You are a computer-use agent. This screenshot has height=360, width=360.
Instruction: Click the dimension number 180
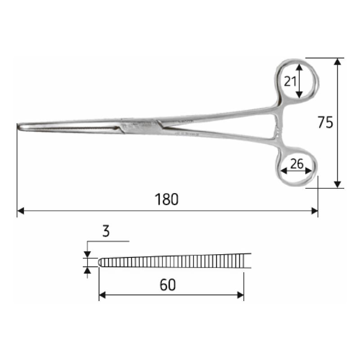pos(167,199)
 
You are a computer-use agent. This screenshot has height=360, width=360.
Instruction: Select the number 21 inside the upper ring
pos(290,81)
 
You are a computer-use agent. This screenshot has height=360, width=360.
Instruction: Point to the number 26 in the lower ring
pos(297,164)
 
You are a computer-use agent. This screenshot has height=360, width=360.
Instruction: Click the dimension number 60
pos(167,284)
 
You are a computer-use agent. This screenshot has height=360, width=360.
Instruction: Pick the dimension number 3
pos(106,232)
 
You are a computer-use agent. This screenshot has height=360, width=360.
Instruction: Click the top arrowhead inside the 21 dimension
pos(299,66)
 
